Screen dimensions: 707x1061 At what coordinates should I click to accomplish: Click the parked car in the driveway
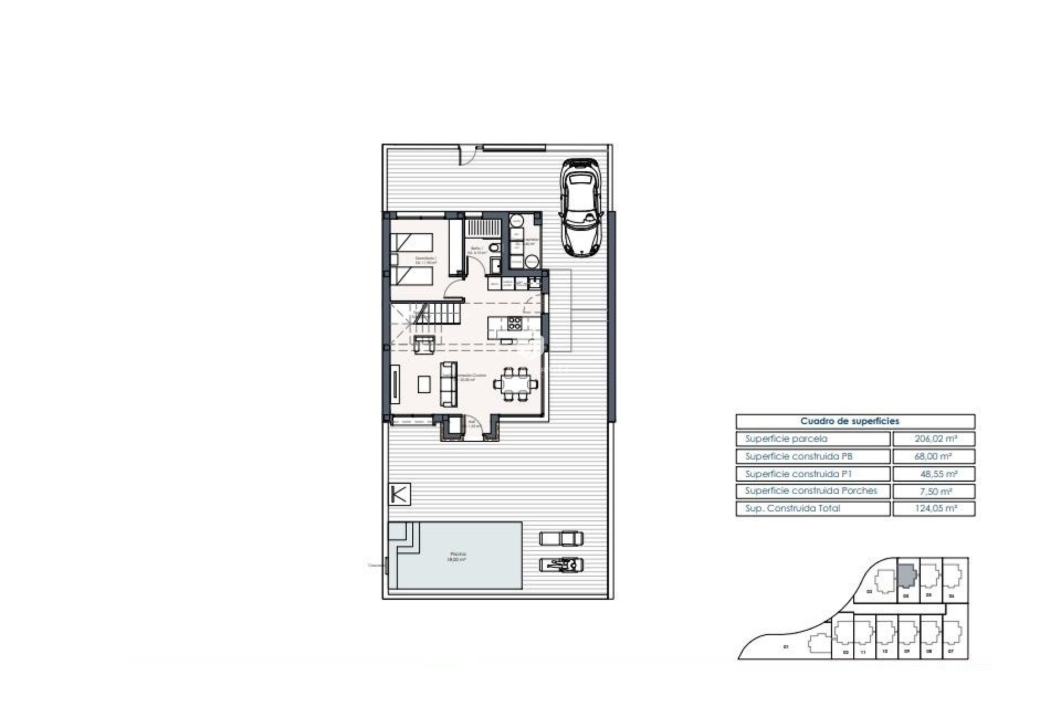tap(580, 207)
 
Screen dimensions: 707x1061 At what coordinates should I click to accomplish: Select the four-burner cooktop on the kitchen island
tap(514, 323)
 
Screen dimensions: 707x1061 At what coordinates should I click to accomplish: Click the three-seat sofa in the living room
tap(449, 384)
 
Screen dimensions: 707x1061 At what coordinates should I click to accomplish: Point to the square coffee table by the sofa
tap(424, 384)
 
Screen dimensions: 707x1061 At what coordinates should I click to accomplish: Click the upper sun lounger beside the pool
tap(561, 537)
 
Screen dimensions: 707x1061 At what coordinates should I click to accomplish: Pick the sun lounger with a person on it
tap(561, 565)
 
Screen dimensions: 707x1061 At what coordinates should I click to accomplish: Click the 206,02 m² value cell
tap(933, 439)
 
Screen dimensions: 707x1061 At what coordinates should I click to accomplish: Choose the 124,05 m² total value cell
tap(933, 509)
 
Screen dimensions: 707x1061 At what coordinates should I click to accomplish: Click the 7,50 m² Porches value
tap(933, 491)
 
